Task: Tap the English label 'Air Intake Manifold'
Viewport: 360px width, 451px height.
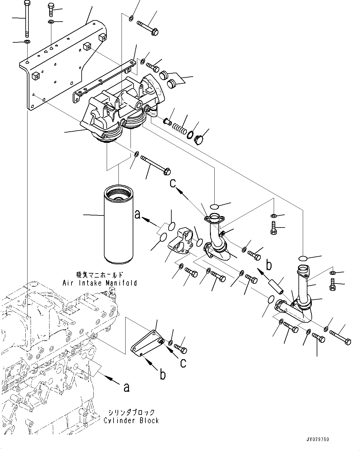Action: [x=100, y=283]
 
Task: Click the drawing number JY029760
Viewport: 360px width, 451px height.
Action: [x=318, y=439]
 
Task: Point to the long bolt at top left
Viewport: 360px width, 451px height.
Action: [x=27, y=19]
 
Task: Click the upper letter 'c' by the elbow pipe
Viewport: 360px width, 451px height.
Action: [x=173, y=183]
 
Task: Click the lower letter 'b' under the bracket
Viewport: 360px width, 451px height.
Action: [x=163, y=374]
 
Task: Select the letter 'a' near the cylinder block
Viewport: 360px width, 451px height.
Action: [x=126, y=387]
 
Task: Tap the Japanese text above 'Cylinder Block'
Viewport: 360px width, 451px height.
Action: [x=131, y=412]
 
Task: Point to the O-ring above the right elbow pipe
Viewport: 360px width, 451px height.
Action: [x=303, y=258]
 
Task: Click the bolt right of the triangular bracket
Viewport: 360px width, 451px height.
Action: [x=181, y=349]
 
